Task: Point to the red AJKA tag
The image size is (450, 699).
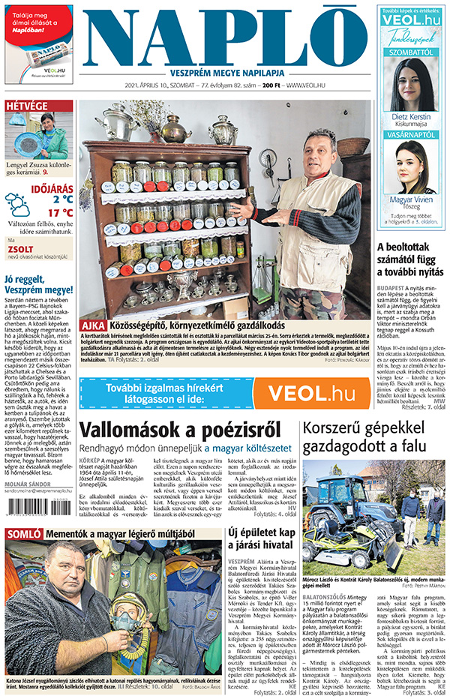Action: tap(94, 326)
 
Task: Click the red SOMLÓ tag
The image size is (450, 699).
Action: tap(24, 534)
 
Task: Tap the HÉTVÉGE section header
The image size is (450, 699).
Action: tap(27, 106)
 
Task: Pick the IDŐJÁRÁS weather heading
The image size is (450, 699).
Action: tap(51, 188)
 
